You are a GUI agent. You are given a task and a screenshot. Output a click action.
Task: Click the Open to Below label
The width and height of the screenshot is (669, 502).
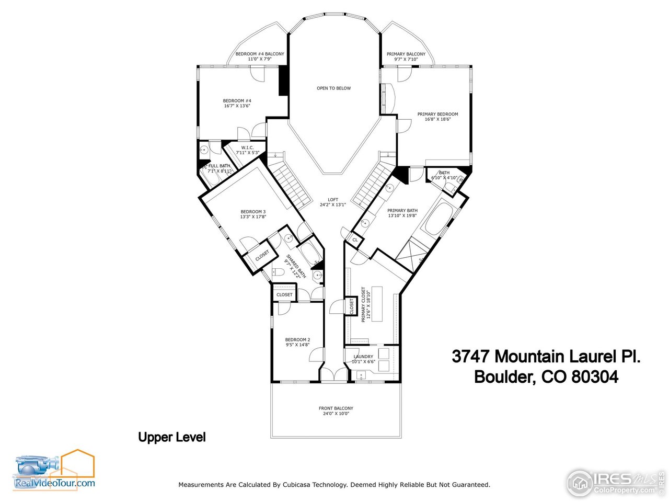[x=333, y=88]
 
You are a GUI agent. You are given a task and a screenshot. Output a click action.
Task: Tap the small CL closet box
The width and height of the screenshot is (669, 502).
[x=355, y=240]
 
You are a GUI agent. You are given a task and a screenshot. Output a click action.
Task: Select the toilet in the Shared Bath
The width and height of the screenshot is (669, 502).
[x=279, y=271]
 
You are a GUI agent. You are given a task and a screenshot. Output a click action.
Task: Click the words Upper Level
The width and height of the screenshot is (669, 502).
[x=172, y=437]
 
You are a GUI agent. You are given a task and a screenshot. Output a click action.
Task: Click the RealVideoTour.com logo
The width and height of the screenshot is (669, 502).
[x=54, y=471]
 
